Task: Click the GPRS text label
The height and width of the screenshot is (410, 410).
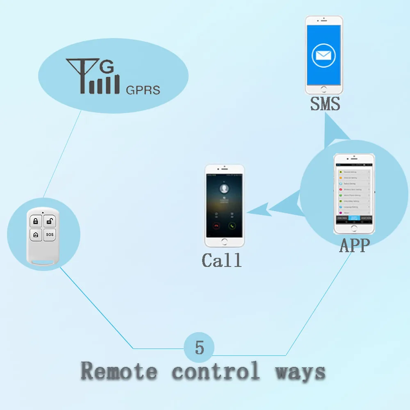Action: [143, 90]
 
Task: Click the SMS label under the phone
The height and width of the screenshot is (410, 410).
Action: [325, 104]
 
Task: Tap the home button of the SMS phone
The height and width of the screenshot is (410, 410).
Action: [324, 89]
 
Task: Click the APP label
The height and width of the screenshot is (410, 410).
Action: [355, 246]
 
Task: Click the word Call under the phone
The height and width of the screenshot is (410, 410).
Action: [222, 260]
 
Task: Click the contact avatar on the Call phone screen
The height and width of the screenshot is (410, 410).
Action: [224, 189]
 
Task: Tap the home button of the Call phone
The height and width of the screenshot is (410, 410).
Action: [224, 241]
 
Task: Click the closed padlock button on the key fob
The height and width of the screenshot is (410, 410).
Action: [36, 222]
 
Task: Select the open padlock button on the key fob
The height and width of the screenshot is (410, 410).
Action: [49, 222]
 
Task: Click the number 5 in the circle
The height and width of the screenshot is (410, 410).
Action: [199, 347]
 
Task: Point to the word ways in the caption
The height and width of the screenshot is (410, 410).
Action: [300, 371]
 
